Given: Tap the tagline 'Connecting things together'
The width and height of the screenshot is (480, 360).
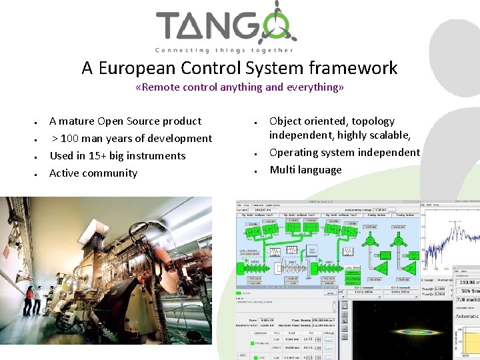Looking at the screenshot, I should pyautogui.click(x=223, y=50).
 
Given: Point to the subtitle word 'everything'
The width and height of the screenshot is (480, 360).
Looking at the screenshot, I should pyautogui.click(x=313, y=87).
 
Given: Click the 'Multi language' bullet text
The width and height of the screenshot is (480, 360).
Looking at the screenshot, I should pyautogui.click(x=305, y=170).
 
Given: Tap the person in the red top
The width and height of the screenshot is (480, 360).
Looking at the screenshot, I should pyautogui.click(x=30, y=300).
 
